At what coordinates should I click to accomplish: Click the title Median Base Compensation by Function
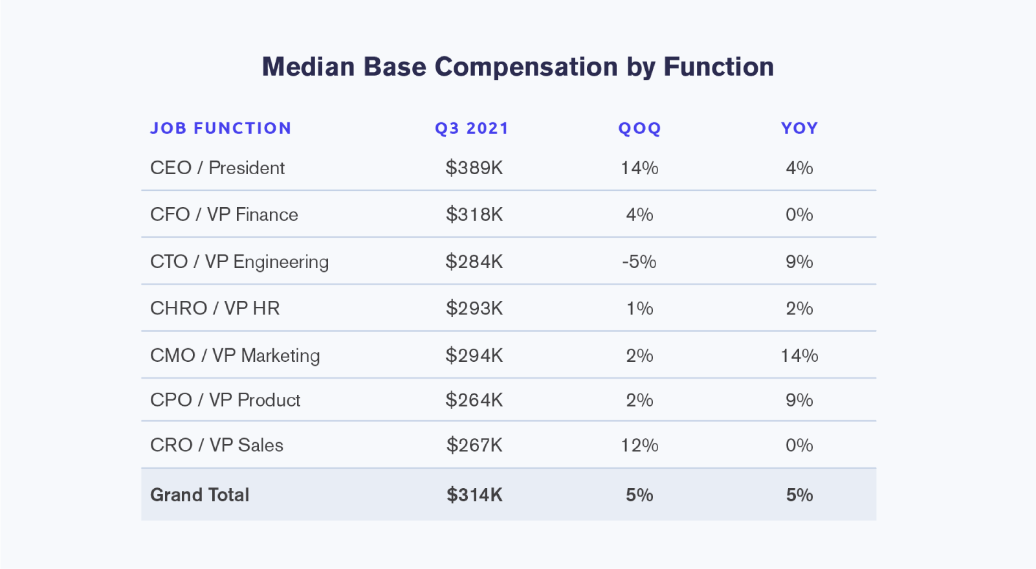click(518, 67)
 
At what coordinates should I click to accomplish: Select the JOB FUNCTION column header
click(221, 128)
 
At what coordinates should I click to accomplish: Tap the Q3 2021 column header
click(472, 128)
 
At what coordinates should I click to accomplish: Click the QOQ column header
click(639, 128)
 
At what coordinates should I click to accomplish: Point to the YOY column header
click(800, 128)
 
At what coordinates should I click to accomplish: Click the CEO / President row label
click(217, 168)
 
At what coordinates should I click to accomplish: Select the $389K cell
click(474, 168)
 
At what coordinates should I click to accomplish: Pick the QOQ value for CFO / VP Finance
click(639, 215)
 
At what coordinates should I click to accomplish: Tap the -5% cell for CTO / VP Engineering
click(639, 262)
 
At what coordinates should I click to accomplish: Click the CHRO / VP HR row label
click(215, 308)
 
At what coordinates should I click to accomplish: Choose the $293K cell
click(474, 308)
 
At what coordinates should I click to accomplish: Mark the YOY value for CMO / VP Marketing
click(800, 356)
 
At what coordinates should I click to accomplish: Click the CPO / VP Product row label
click(225, 400)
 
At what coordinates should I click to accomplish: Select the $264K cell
click(474, 400)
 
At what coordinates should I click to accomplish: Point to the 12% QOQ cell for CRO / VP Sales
click(639, 445)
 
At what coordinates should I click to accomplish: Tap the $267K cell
click(474, 445)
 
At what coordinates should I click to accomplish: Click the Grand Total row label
click(200, 495)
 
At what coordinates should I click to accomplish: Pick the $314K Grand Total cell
click(474, 495)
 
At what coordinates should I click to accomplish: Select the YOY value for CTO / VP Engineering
click(800, 262)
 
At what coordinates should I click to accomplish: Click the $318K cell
click(474, 215)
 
